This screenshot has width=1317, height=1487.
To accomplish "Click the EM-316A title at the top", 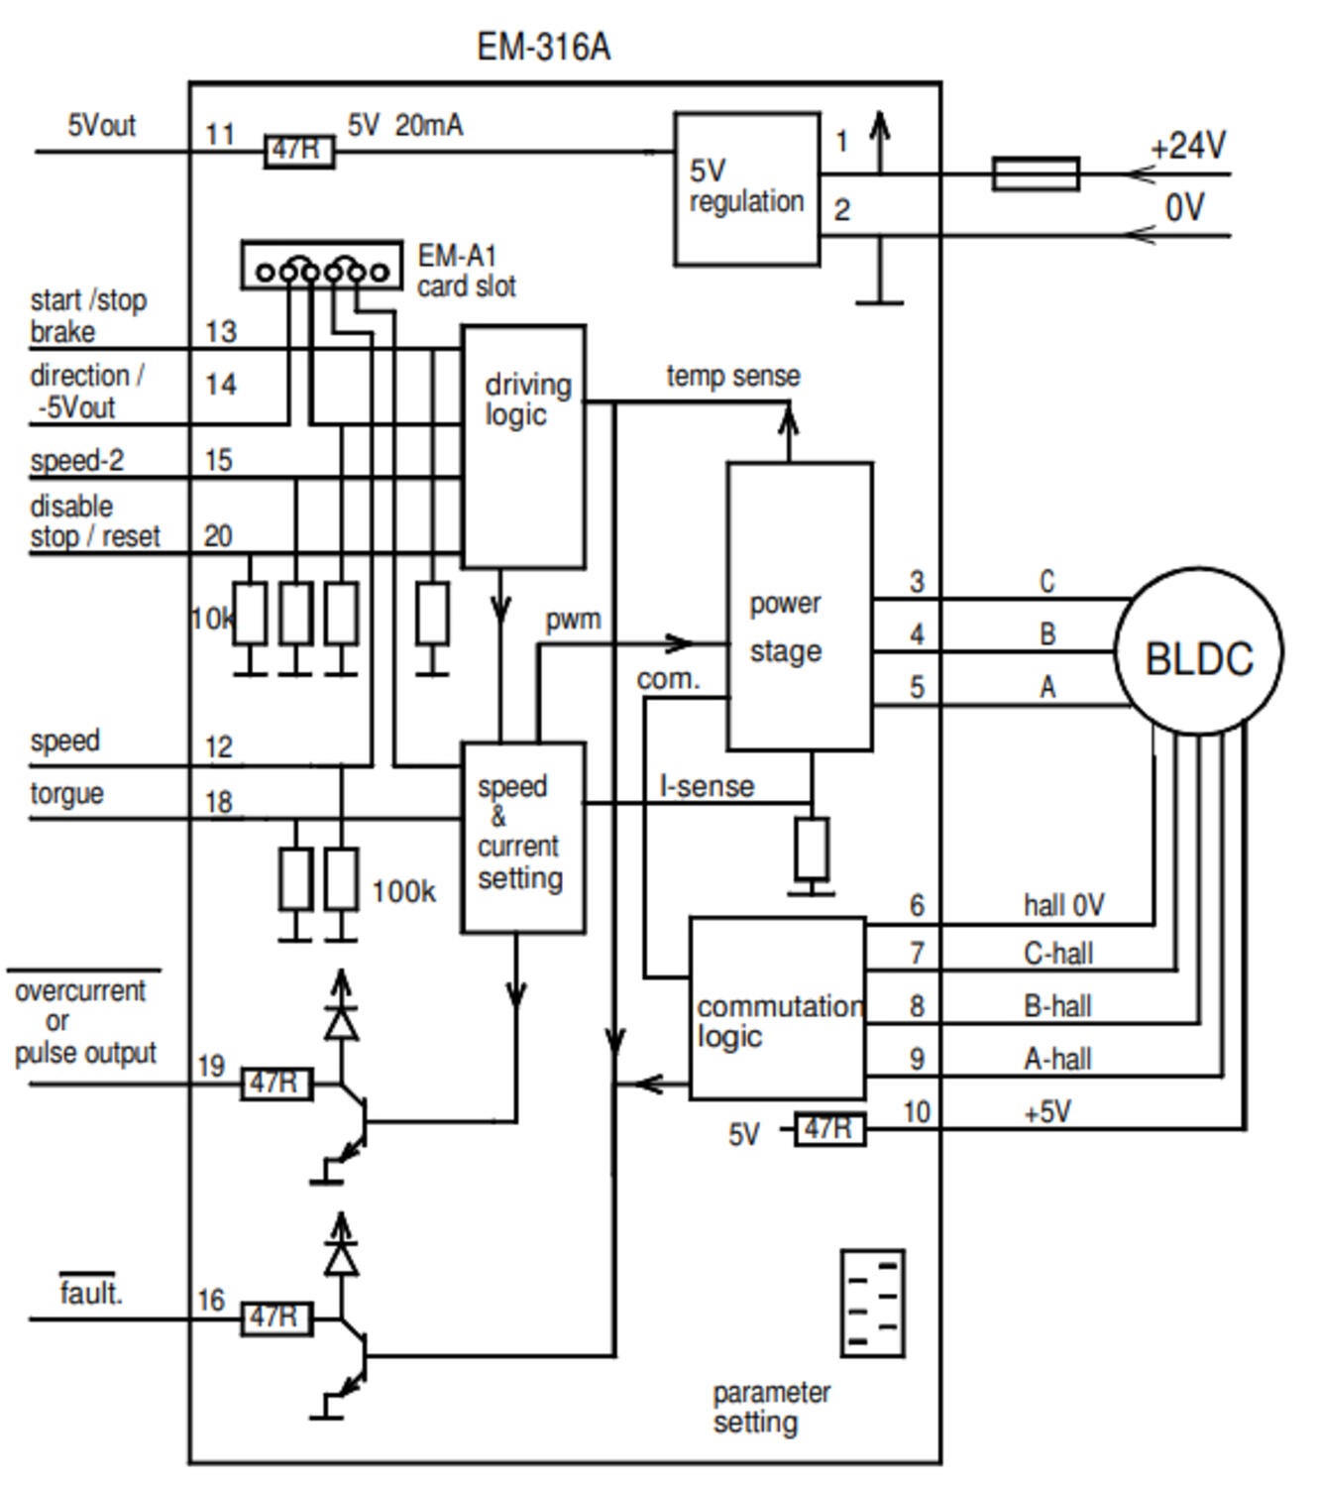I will [x=543, y=47].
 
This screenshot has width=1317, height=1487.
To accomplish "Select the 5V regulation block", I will [x=746, y=188].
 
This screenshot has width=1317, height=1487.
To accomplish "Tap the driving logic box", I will [x=523, y=446].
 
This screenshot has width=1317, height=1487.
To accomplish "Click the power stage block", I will [x=799, y=606].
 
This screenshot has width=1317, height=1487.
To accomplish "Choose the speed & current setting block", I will [x=522, y=838].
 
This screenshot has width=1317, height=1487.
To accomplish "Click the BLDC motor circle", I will [x=1198, y=651].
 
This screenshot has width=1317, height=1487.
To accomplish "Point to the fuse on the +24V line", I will [x=1036, y=173].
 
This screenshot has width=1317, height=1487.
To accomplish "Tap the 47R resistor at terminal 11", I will [x=298, y=152].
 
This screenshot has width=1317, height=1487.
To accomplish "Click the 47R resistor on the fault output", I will [x=276, y=1318].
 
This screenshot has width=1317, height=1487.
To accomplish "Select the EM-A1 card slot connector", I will [x=322, y=266].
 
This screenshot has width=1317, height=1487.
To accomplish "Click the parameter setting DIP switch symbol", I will [x=872, y=1303].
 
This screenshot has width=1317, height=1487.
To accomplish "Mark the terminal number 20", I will [x=218, y=536].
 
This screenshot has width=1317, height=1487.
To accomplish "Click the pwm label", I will [x=573, y=620].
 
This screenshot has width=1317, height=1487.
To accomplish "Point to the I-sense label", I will [x=707, y=786].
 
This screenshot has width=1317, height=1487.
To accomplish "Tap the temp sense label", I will [x=732, y=376].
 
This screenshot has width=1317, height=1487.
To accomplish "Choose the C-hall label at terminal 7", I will [x=1057, y=954].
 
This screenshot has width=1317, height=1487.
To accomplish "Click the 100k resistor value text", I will [x=403, y=891].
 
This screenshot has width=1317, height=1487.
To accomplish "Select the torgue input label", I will [x=66, y=793].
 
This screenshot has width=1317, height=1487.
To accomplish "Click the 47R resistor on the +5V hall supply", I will [x=829, y=1129].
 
